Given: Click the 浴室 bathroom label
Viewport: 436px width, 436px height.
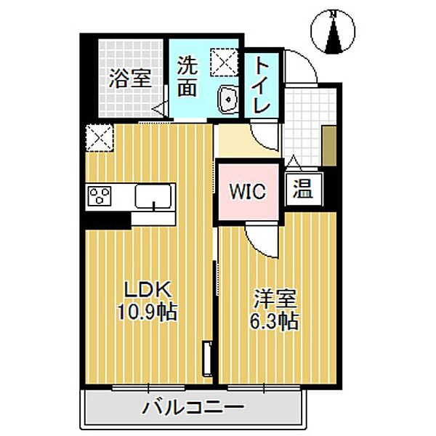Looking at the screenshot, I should tap(130, 78).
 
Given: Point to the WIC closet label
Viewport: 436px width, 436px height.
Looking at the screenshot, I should tap(249, 193).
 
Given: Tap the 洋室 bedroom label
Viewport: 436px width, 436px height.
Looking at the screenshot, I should tap(274, 299).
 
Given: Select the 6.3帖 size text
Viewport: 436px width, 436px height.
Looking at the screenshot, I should tap(275, 322).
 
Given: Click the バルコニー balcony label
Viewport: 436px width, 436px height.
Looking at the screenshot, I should tap(193, 407).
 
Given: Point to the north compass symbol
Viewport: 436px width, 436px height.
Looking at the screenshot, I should tap(333, 33).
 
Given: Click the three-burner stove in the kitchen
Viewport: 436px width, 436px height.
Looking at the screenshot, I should tap(99, 196).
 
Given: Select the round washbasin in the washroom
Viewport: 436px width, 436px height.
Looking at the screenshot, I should tap(227, 99).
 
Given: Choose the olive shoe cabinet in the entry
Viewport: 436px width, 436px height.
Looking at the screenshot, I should tap(329, 146).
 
